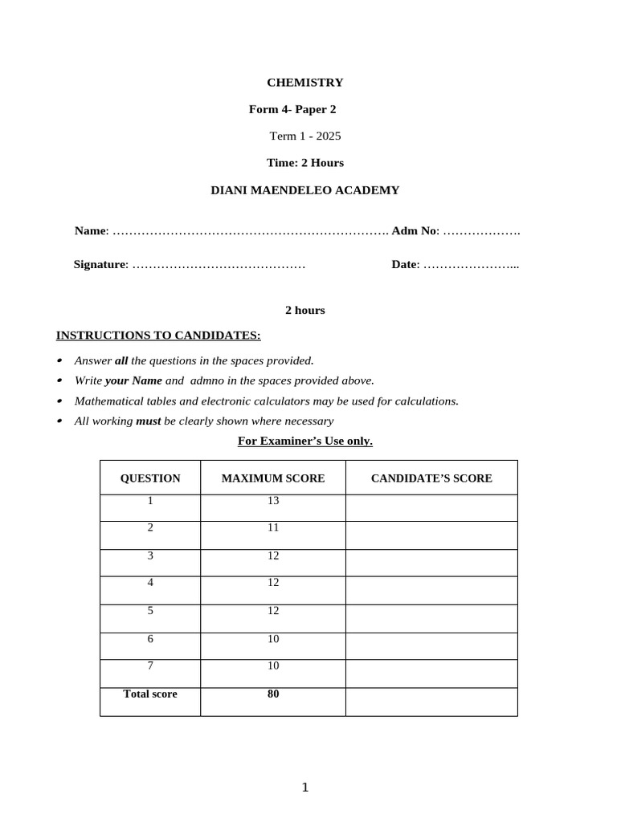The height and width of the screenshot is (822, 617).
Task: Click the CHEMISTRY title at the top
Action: tap(304, 82)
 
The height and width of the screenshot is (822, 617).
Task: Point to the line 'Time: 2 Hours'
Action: tap(304, 162)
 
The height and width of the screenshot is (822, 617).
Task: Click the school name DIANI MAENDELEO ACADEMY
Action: tap(304, 190)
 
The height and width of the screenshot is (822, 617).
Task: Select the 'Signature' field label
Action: tap(100, 264)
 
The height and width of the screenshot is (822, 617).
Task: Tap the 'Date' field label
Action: tap(405, 264)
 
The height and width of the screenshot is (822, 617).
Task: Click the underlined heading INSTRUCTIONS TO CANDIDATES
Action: tap(158, 335)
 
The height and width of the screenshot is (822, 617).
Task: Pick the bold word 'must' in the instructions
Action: tap(149, 421)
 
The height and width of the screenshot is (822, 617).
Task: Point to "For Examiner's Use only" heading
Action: tap(305, 441)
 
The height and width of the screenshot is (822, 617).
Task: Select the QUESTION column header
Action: tap(150, 478)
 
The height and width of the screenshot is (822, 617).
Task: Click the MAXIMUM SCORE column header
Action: tap(273, 478)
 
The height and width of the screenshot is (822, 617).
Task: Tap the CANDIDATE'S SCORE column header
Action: tap(431, 478)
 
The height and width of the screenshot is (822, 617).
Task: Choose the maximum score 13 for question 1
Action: tap(273, 501)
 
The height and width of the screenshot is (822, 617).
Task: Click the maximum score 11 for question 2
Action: tap(273, 528)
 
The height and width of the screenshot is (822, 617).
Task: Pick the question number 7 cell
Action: tap(150, 666)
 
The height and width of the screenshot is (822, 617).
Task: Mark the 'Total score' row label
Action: tap(150, 694)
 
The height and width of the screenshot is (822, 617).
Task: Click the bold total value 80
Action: tap(273, 694)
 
